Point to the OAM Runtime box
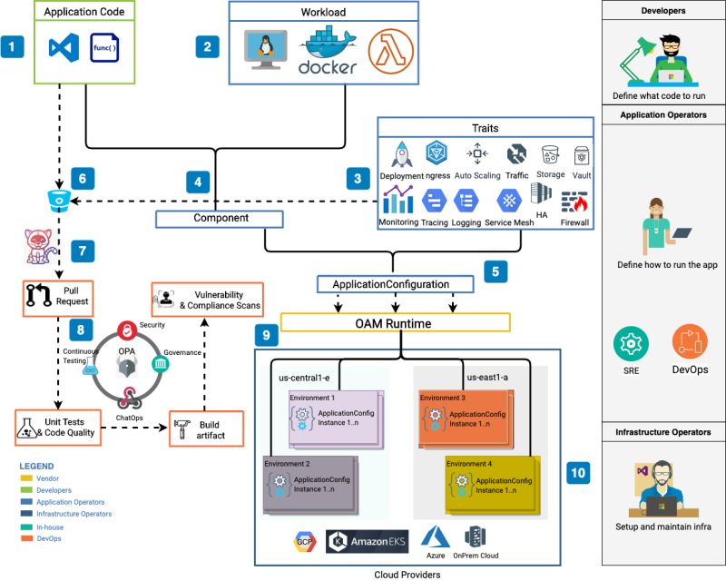tap(395, 322)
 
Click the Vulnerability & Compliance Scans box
tap(208, 300)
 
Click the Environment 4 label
tap(473, 464)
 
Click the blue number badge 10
tap(579, 472)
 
